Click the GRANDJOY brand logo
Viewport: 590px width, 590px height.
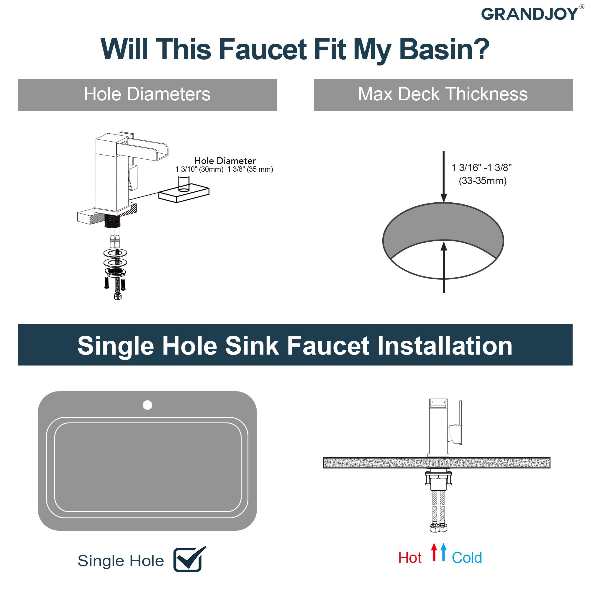pos(529,14)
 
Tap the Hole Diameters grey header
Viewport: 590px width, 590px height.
pos(147,95)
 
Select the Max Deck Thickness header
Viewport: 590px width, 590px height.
pos(443,95)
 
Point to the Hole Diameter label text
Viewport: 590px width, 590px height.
pos(225,161)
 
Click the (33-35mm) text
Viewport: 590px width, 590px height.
pos(483,181)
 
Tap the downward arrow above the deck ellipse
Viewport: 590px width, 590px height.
pos(444,177)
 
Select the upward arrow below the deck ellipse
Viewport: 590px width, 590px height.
pos(444,266)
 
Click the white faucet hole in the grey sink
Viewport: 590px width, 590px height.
pos(147,405)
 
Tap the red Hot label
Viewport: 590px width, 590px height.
pos(409,558)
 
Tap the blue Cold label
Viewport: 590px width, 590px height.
pos(467,558)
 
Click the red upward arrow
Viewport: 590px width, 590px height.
pos(434,552)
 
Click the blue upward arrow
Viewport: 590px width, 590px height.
pos(443,552)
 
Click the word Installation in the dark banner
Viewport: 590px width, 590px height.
pos(445,346)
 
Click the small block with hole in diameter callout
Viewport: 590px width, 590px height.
pos(184,194)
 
